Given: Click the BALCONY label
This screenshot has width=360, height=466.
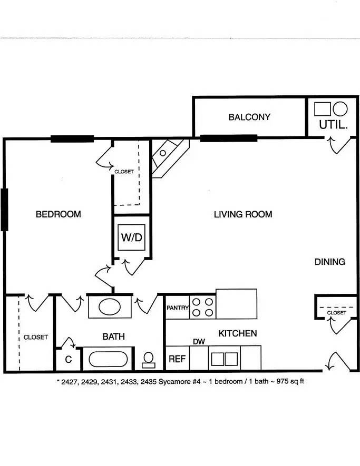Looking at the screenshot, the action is click(249, 117).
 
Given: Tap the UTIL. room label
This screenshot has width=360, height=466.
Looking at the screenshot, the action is click(333, 124).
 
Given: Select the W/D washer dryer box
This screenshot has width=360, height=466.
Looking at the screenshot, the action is click(131, 237).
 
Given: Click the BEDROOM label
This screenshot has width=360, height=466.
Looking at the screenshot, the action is click(59, 214).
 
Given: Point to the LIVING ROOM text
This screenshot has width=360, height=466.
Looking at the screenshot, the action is click(243, 214).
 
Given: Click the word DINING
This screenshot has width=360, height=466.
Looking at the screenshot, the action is click(330, 262).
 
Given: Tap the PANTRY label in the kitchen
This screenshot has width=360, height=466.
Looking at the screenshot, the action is click(178, 308).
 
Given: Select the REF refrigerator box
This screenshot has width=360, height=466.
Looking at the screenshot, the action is click(177, 358).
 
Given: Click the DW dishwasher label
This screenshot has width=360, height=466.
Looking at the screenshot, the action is click(199, 342).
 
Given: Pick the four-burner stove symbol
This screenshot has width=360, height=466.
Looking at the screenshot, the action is click(202, 308).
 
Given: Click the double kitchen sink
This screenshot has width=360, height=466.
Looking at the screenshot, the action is click(225, 359).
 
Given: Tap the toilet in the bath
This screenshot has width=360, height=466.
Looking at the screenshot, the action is click(149, 360).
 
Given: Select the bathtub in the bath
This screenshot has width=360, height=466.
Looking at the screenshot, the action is click(108, 359).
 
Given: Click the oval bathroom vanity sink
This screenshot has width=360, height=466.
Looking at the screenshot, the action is click(110, 306).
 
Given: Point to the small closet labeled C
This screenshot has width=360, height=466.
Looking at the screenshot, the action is click(69, 359).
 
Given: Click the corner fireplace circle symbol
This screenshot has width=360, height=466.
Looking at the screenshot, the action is click(163, 153).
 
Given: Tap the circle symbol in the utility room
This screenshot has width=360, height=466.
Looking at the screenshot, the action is click(340, 109).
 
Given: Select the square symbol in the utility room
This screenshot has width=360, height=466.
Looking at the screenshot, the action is click(323, 109).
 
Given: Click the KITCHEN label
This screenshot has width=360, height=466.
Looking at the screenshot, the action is click(238, 333).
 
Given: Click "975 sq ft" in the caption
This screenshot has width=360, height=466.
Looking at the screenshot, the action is click(290, 381).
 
